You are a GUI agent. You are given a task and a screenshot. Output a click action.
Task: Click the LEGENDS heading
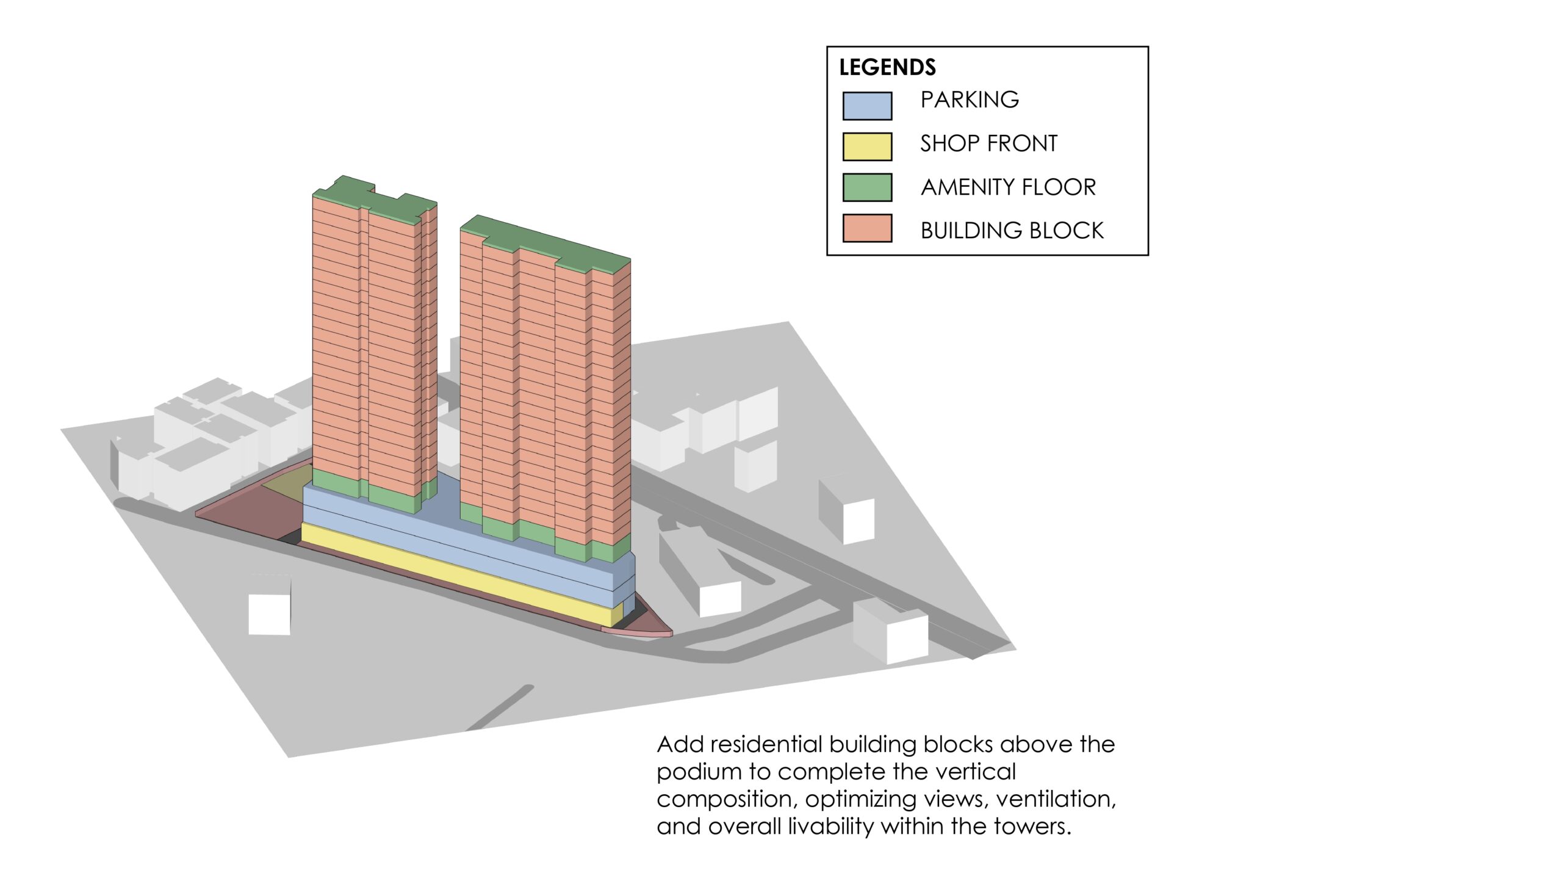887,67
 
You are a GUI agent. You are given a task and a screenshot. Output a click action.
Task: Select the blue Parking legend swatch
867,106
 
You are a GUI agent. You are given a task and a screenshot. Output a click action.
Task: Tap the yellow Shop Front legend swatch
867,146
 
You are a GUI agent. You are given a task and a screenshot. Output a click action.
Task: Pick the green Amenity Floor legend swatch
867,187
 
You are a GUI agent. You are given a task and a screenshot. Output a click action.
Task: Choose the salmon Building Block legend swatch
867,228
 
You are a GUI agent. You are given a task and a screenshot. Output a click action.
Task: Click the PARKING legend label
970,99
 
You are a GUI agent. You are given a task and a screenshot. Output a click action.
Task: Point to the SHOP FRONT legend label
988,143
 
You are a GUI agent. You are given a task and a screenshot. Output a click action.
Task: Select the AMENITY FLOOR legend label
1008,187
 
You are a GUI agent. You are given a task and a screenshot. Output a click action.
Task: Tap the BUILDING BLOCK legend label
1012,231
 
